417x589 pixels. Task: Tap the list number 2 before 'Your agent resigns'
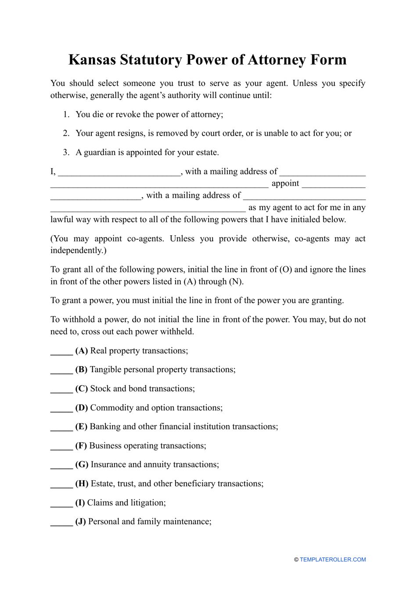[66, 133]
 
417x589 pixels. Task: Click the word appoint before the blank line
[285, 183]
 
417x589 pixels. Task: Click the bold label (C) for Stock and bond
[82, 389]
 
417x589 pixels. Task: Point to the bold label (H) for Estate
[82, 484]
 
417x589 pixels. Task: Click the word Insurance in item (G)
[108, 465]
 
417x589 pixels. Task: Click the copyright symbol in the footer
[296, 560]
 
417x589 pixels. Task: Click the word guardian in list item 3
[100, 153]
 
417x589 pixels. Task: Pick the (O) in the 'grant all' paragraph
[285, 269]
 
